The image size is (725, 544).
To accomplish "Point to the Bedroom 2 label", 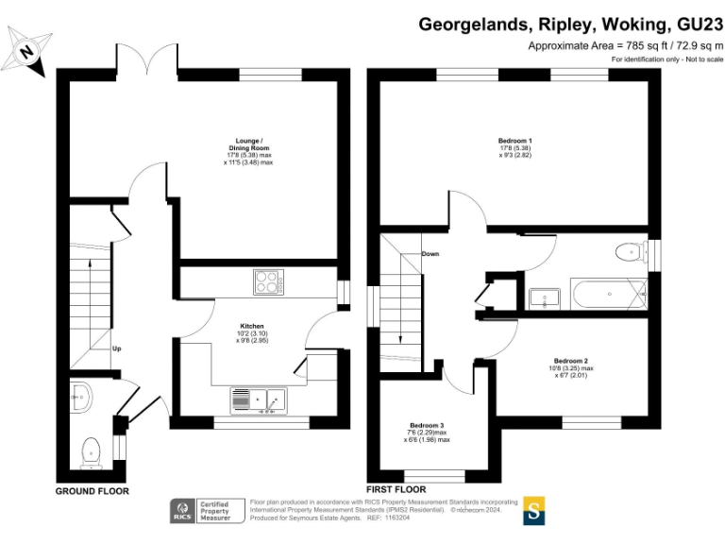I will coord(572,367).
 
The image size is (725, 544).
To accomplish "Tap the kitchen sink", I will coord(276,401).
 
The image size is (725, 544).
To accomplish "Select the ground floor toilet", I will coord(92,451).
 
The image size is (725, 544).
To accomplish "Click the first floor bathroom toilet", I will coord(627,252).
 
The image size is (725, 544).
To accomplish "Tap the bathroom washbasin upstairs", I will coord(546,298).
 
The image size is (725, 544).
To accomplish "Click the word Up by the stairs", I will coord(117,348).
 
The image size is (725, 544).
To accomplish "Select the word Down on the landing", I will coord(430,254).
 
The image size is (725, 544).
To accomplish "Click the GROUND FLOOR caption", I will coord(92,491).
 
